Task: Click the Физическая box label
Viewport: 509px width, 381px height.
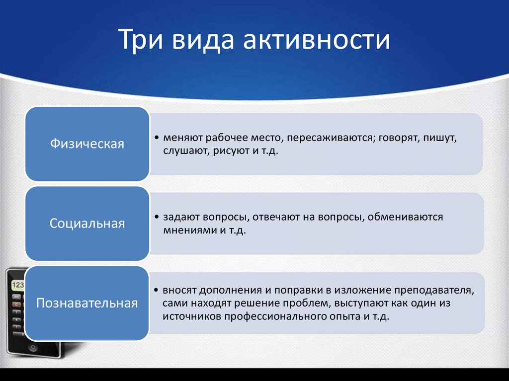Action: pos(87,144)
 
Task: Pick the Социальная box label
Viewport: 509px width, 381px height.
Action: pos(87,224)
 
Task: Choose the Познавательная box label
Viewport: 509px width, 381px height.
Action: pos(87,303)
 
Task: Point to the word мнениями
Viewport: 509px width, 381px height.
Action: pos(187,230)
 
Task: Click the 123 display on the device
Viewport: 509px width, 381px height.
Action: pos(17,285)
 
